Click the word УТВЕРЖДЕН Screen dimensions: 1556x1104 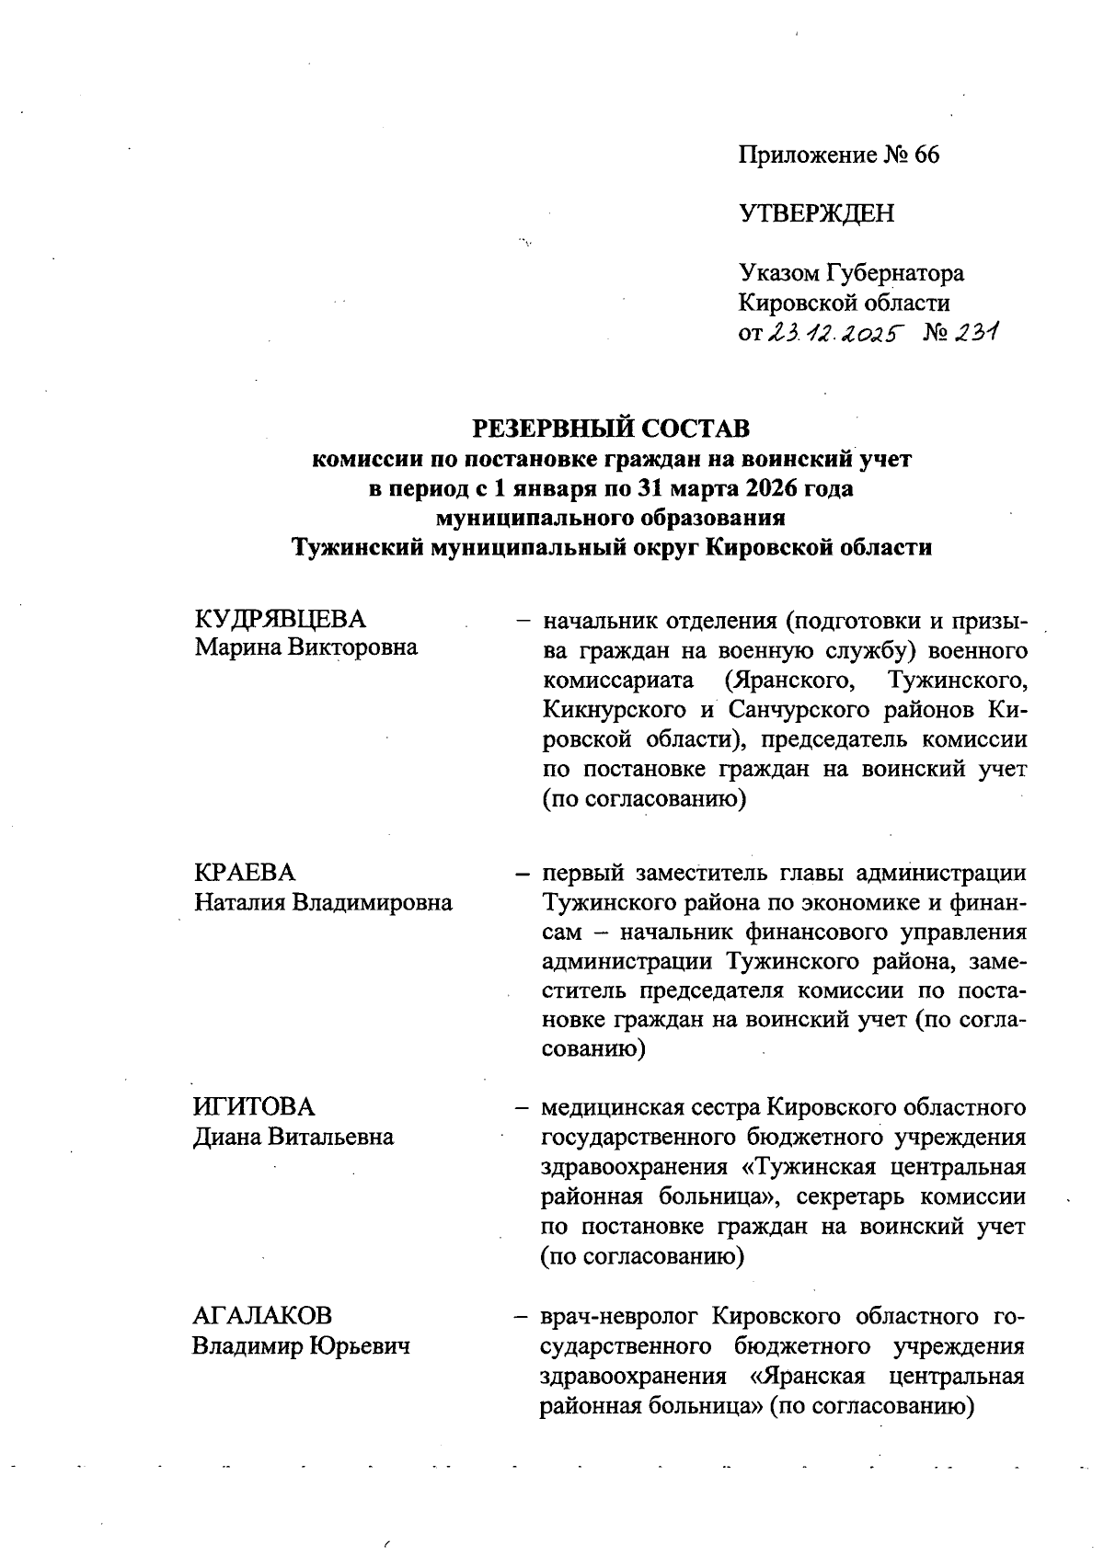click(816, 214)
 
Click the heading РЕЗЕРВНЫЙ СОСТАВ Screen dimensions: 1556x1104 click(611, 429)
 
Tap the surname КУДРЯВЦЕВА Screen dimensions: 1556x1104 click(280, 618)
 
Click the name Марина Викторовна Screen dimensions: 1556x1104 click(305, 647)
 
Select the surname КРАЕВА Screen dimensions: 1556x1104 click(244, 873)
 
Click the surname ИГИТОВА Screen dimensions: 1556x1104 click(253, 1107)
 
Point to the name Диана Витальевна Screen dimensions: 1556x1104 click(293, 1137)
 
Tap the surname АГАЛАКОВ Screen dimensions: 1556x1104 click(262, 1316)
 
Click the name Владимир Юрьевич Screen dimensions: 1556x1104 click(300, 1346)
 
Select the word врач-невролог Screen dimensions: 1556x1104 click(621, 1316)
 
